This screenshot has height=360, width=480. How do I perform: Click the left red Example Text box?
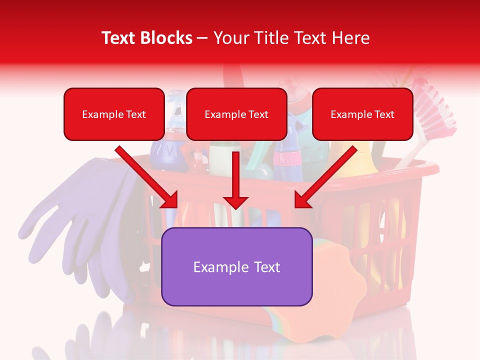point(114,114)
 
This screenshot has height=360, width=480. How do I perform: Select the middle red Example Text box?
point(236,114)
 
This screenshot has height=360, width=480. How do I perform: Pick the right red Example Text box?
point(362,114)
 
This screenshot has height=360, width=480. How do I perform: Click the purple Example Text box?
point(236,267)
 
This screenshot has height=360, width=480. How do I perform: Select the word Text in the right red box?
point(384,114)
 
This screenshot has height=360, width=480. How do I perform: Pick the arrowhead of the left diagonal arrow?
point(170,200)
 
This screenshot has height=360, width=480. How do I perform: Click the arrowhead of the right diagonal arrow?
point(302,200)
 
